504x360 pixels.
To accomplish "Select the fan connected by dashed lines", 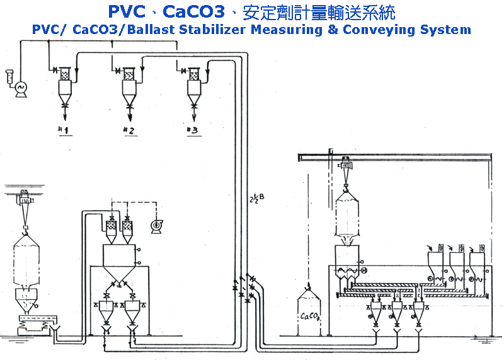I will (x=154, y=225).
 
